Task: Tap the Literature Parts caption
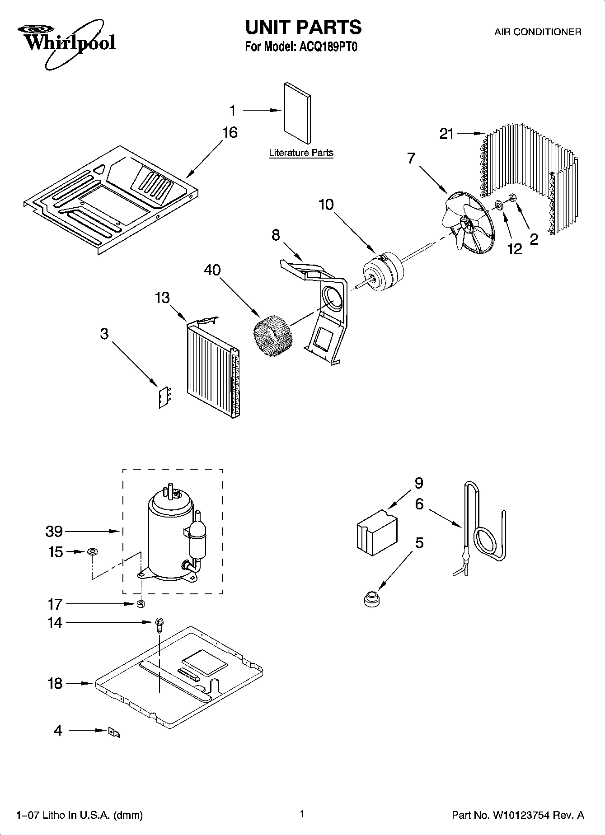click(301, 153)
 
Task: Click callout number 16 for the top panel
click(230, 133)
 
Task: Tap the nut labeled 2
click(512, 197)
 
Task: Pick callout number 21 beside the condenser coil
click(446, 134)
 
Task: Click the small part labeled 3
click(165, 397)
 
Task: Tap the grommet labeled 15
click(92, 552)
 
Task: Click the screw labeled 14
click(159, 623)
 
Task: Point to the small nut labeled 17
click(141, 604)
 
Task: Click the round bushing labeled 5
click(371, 598)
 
